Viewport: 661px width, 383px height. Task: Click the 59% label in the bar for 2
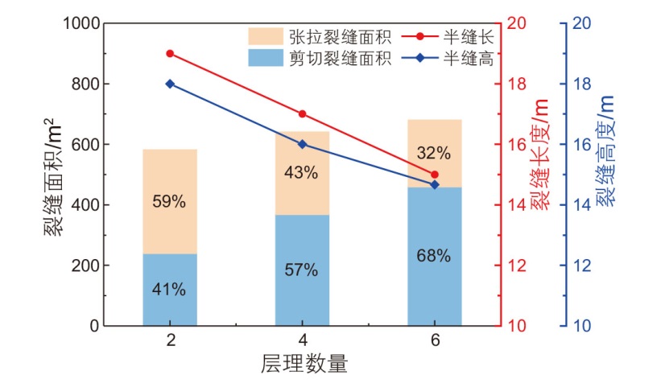tap(170, 202)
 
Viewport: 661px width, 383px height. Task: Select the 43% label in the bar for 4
tap(302, 172)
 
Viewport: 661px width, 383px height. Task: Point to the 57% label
tap(302, 270)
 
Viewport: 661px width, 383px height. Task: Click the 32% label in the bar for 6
tap(434, 152)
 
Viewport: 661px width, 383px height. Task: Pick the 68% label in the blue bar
tap(434, 257)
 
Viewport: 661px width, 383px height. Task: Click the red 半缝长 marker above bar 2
tap(170, 53)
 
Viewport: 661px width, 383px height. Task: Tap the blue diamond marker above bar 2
tap(170, 84)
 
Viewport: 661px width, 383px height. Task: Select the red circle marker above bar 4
tap(302, 114)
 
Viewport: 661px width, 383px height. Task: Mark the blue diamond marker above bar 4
tap(302, 144)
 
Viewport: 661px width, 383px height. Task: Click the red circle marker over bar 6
tap(435, 175)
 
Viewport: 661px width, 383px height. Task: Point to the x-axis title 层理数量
tap(304, 364)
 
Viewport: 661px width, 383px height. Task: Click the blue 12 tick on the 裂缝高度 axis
tap(580, 266)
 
